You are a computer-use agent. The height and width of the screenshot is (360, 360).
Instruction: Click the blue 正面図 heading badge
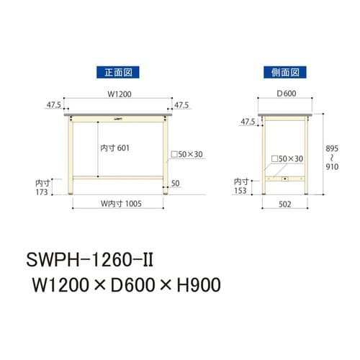point(117,72)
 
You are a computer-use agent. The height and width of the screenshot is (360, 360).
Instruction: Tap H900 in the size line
point(192,284)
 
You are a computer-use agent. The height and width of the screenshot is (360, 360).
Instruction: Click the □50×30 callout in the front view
point(189,154)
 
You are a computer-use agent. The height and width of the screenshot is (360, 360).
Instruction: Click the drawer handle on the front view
point(117,117)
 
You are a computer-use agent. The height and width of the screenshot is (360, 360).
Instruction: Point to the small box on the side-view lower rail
point(286,178)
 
